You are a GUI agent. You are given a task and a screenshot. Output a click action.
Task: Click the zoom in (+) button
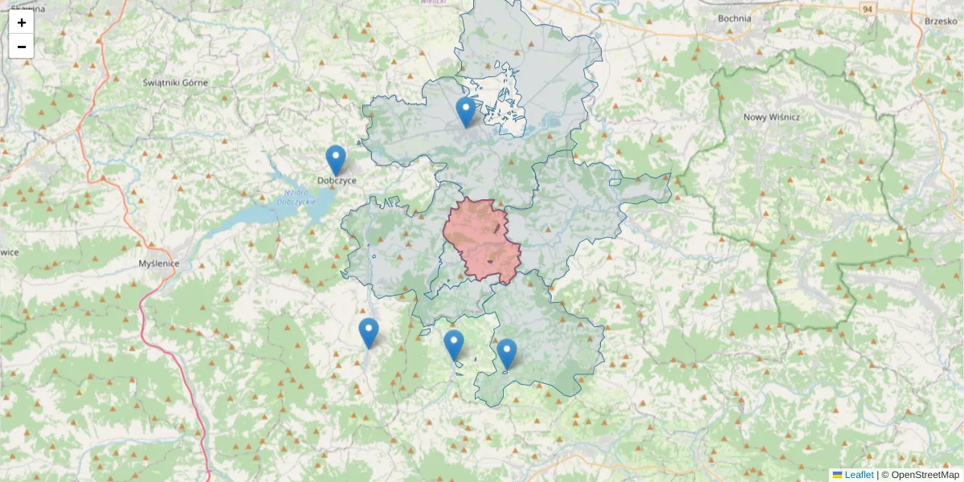[x=22, y=22]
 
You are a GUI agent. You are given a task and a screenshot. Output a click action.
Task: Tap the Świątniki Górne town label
[x=175, y=83]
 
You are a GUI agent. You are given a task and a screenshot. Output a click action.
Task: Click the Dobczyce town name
[x=337, y=181]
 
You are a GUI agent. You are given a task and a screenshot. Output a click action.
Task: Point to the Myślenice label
[x=159, y=263]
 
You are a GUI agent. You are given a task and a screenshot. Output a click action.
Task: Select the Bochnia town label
[x=735, y=18]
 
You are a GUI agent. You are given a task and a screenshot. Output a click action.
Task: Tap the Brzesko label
[x=941, y=22]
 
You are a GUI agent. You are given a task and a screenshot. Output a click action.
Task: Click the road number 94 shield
[x=866, y=9]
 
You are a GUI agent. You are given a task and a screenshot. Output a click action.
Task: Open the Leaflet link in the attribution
[x=858, y=475]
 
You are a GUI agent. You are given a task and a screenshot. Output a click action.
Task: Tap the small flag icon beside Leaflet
[x=837, y=475]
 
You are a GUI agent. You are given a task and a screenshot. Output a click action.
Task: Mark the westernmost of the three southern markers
[x=368, y=333]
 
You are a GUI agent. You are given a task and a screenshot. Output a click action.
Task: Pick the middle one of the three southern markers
[x=454, y=345]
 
